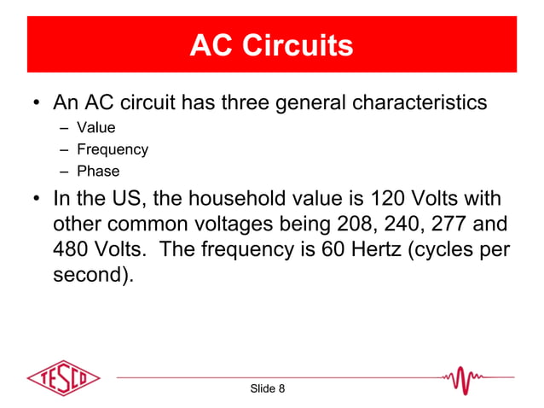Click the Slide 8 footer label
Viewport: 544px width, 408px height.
267,389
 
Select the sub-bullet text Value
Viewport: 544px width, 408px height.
96,128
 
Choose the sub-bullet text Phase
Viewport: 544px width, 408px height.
98,171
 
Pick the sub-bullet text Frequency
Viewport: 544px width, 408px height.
113,149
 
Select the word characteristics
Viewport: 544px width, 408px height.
416,103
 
